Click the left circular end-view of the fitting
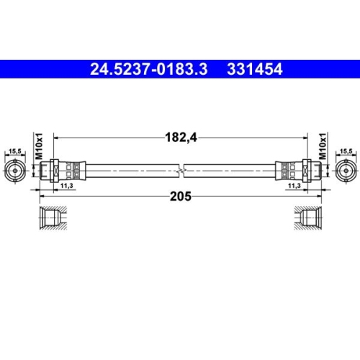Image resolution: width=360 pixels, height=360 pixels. click(14, 171)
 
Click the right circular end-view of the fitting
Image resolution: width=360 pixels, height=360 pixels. click(346, 171)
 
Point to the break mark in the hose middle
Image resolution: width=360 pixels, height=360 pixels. click(180, 171)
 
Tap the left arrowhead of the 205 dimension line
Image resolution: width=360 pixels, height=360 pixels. click(41, 194)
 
